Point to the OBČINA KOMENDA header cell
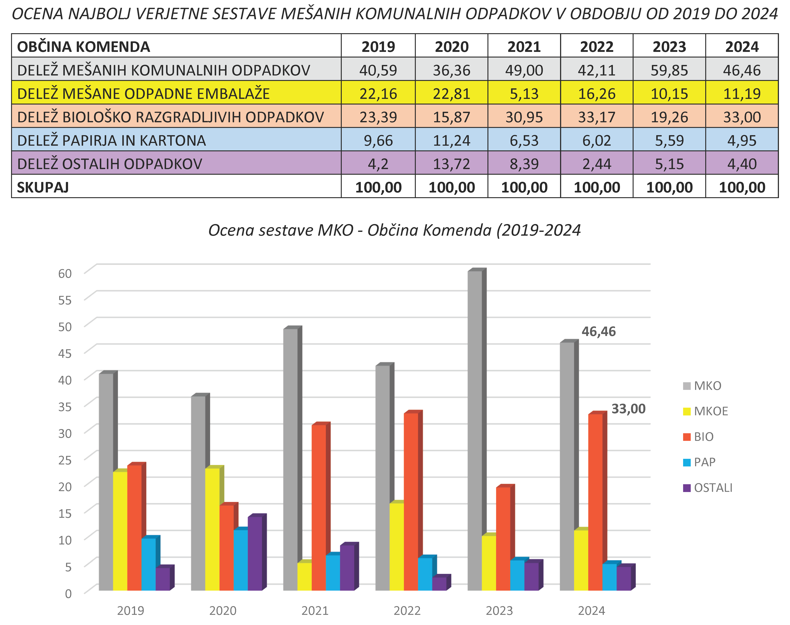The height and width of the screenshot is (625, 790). [x=83, y=47]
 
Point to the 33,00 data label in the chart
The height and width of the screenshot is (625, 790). [x=628, y=409]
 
